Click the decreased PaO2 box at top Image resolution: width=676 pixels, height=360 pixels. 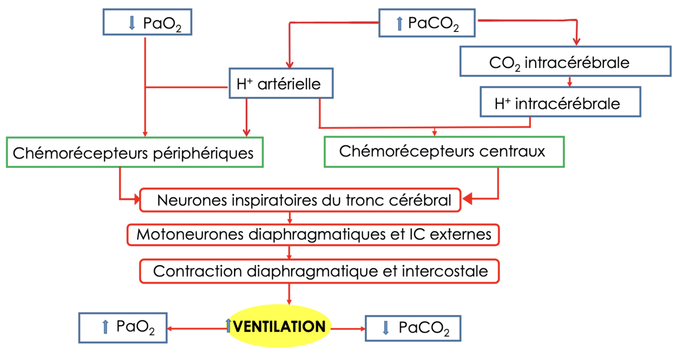point(147,22)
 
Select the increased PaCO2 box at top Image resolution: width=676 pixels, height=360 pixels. point(427,23)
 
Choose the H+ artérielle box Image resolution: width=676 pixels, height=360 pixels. point(281,83)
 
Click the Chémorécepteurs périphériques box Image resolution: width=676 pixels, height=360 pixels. point(135,152)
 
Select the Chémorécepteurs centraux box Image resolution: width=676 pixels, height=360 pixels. point(443,152)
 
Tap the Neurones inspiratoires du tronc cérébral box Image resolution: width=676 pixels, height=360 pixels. point(301,200)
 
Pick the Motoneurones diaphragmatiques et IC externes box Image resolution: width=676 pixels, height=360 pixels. point(313,235)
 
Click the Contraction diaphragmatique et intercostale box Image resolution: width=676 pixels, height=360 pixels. point(319,271)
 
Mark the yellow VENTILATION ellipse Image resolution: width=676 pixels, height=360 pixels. point(278,326)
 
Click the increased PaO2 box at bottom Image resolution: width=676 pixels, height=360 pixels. point(124,328)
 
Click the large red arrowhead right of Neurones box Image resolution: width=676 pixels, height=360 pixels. point(467,199)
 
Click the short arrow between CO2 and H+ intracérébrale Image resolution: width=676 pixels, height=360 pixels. point(570,81)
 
